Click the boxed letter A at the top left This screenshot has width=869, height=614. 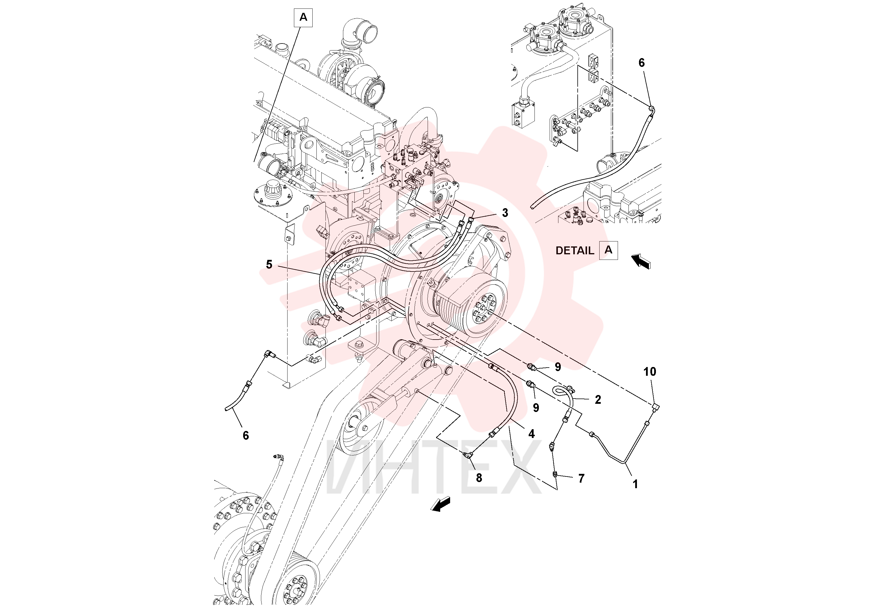[x=303, y=18]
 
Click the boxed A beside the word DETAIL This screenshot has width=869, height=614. [x=608, y=250]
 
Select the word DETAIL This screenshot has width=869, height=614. [x=574, y=251]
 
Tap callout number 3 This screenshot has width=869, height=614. [x=505, y=213]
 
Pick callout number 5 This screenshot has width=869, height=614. [x=269, y=264]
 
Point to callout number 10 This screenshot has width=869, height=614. [x=650, y=372]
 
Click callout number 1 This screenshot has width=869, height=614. [x=635, y=484]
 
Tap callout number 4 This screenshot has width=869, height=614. [x=531, y=434]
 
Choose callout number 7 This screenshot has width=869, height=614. [x=581, y=479]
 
